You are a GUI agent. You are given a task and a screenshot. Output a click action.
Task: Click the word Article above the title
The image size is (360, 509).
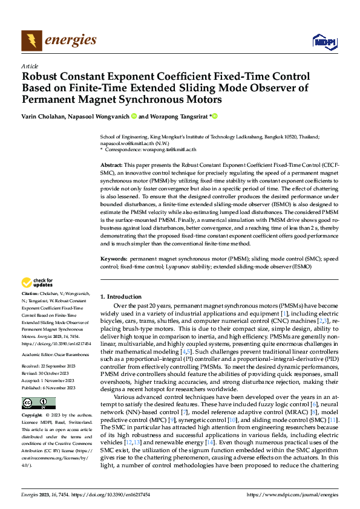30,66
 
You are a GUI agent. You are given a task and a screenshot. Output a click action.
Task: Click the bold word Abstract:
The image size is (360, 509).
111,165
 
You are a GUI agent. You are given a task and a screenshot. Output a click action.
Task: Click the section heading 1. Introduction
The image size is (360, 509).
121,297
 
